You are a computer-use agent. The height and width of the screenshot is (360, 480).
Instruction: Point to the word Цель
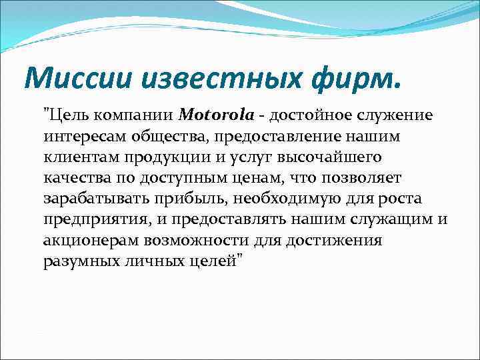coord(68,115)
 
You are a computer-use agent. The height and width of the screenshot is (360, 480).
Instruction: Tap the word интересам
coord(79,136)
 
